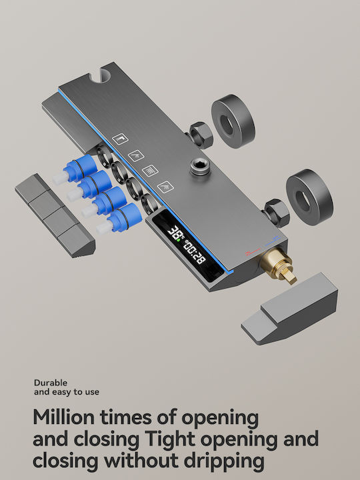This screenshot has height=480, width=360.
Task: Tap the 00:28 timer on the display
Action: (x=194, y=251)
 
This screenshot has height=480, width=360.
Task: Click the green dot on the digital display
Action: (x=178, y=240)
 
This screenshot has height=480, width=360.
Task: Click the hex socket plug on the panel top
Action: (x=199, y=167)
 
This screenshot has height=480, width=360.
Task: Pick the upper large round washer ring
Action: (x=233, y=121)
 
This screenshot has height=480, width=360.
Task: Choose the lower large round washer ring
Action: (x=309, y=197)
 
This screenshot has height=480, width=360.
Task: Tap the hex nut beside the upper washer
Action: (x=200, y=135)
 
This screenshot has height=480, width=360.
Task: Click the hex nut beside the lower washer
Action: (x=277, y=213)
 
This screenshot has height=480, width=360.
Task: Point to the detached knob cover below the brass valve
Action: (x=289, y=309)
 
